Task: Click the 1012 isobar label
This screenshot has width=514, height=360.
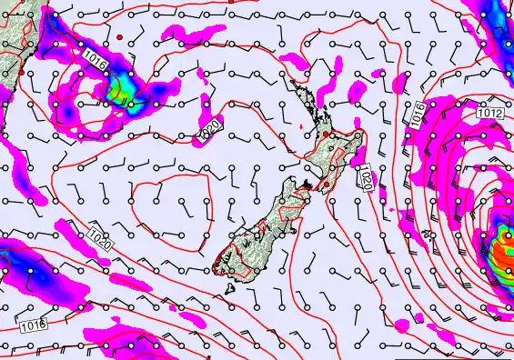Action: (x=489, y=112)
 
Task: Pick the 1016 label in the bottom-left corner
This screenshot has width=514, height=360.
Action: (x=32, y=325)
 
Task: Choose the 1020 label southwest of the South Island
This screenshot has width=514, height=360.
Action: (x=100, y=240)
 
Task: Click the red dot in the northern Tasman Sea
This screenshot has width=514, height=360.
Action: (x=119, y=37)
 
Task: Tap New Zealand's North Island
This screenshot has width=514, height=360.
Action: (x=332, y=145)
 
